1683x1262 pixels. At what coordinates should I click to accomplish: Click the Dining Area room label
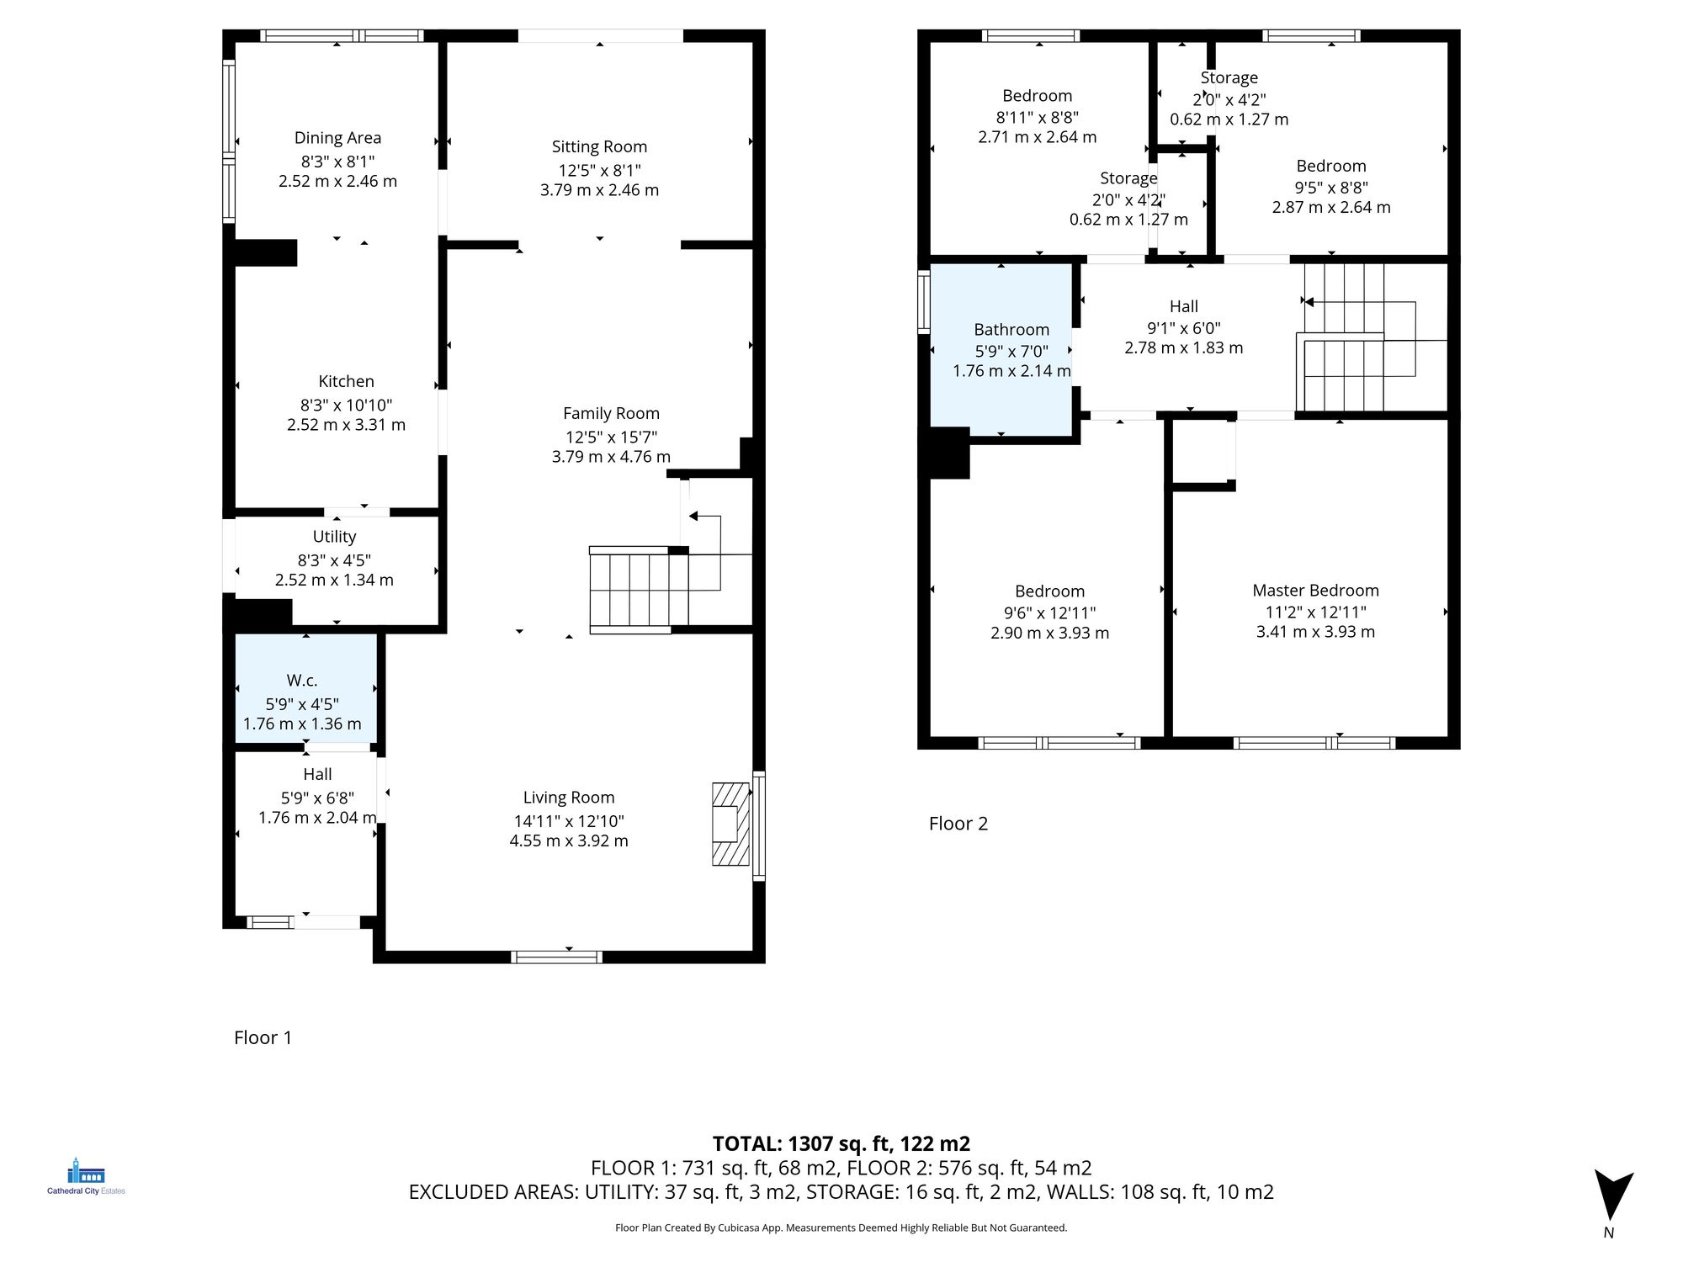[x=337, y=138]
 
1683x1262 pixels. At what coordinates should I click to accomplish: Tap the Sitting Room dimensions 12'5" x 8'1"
[x=599, y=170]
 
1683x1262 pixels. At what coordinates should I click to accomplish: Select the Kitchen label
[x=346, y=382]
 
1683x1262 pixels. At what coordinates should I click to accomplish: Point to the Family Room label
[x=611, y=414]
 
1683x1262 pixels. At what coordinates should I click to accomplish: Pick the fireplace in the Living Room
[x=729, y=825]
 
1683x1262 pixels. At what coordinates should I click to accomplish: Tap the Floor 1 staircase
[x=640, y=589]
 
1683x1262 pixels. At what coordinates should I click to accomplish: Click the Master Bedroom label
[x=1315, y=591]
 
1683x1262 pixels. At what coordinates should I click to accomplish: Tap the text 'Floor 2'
[x=958, y=824]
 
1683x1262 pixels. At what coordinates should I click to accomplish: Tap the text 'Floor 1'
[x=263, y=1037]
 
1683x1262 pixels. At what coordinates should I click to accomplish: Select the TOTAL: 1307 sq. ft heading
[x=841, y=1143]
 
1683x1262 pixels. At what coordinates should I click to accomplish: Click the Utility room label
[x=334, y=537]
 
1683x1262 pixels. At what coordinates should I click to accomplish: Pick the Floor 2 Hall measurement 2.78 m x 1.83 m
[x=1183, y=347]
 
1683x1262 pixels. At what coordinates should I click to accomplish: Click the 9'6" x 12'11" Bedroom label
[x=1049, y=591]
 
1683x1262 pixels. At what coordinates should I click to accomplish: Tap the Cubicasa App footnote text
[x=841, y=1228]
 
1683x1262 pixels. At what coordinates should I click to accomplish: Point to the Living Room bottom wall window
[x=557, y=957]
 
